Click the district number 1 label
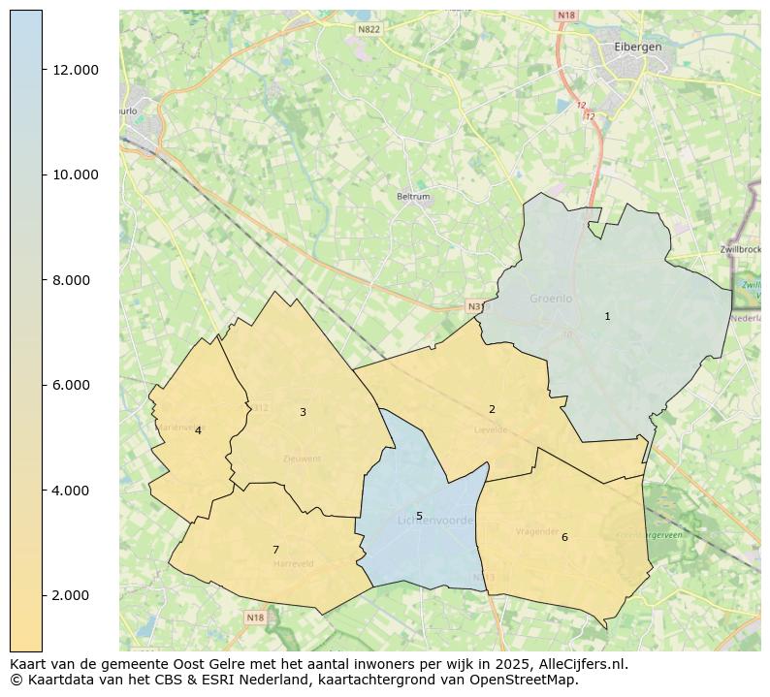pos(607,316)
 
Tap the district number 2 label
pos(492,409)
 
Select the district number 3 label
pos(303,412)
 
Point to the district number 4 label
pos(198,430)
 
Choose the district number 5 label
pos(419,516)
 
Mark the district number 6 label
pos(564,537)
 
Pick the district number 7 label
pos(275,550)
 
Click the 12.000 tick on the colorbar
pos(76,70)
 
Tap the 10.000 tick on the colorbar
pos(76,174)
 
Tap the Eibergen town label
pos(638,47)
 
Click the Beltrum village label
pos(413,197)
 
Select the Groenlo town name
pos(551,299)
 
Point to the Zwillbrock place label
pos(742,249)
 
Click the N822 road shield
pos(369,30)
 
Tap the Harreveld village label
pos(294,563)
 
